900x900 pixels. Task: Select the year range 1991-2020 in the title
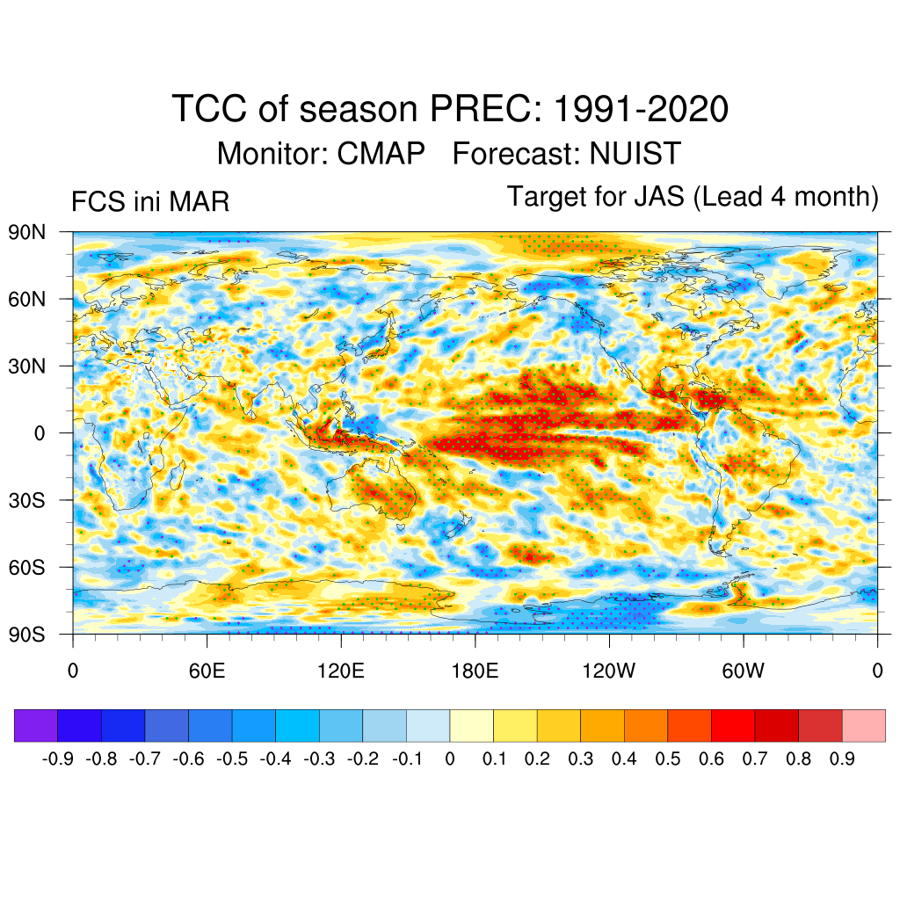641,110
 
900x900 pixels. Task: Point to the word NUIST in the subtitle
635,154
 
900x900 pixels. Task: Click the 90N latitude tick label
27,232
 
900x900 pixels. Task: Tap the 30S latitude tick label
27,500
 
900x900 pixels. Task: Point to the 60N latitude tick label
27,299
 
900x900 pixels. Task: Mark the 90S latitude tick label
27,634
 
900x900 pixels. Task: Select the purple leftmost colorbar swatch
36,726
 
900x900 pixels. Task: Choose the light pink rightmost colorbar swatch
863,726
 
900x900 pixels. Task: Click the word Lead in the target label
724,197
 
